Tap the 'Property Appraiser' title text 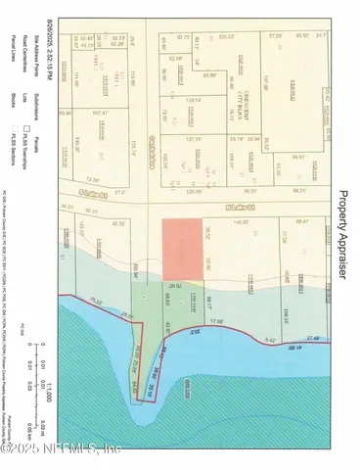coord(342,235)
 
